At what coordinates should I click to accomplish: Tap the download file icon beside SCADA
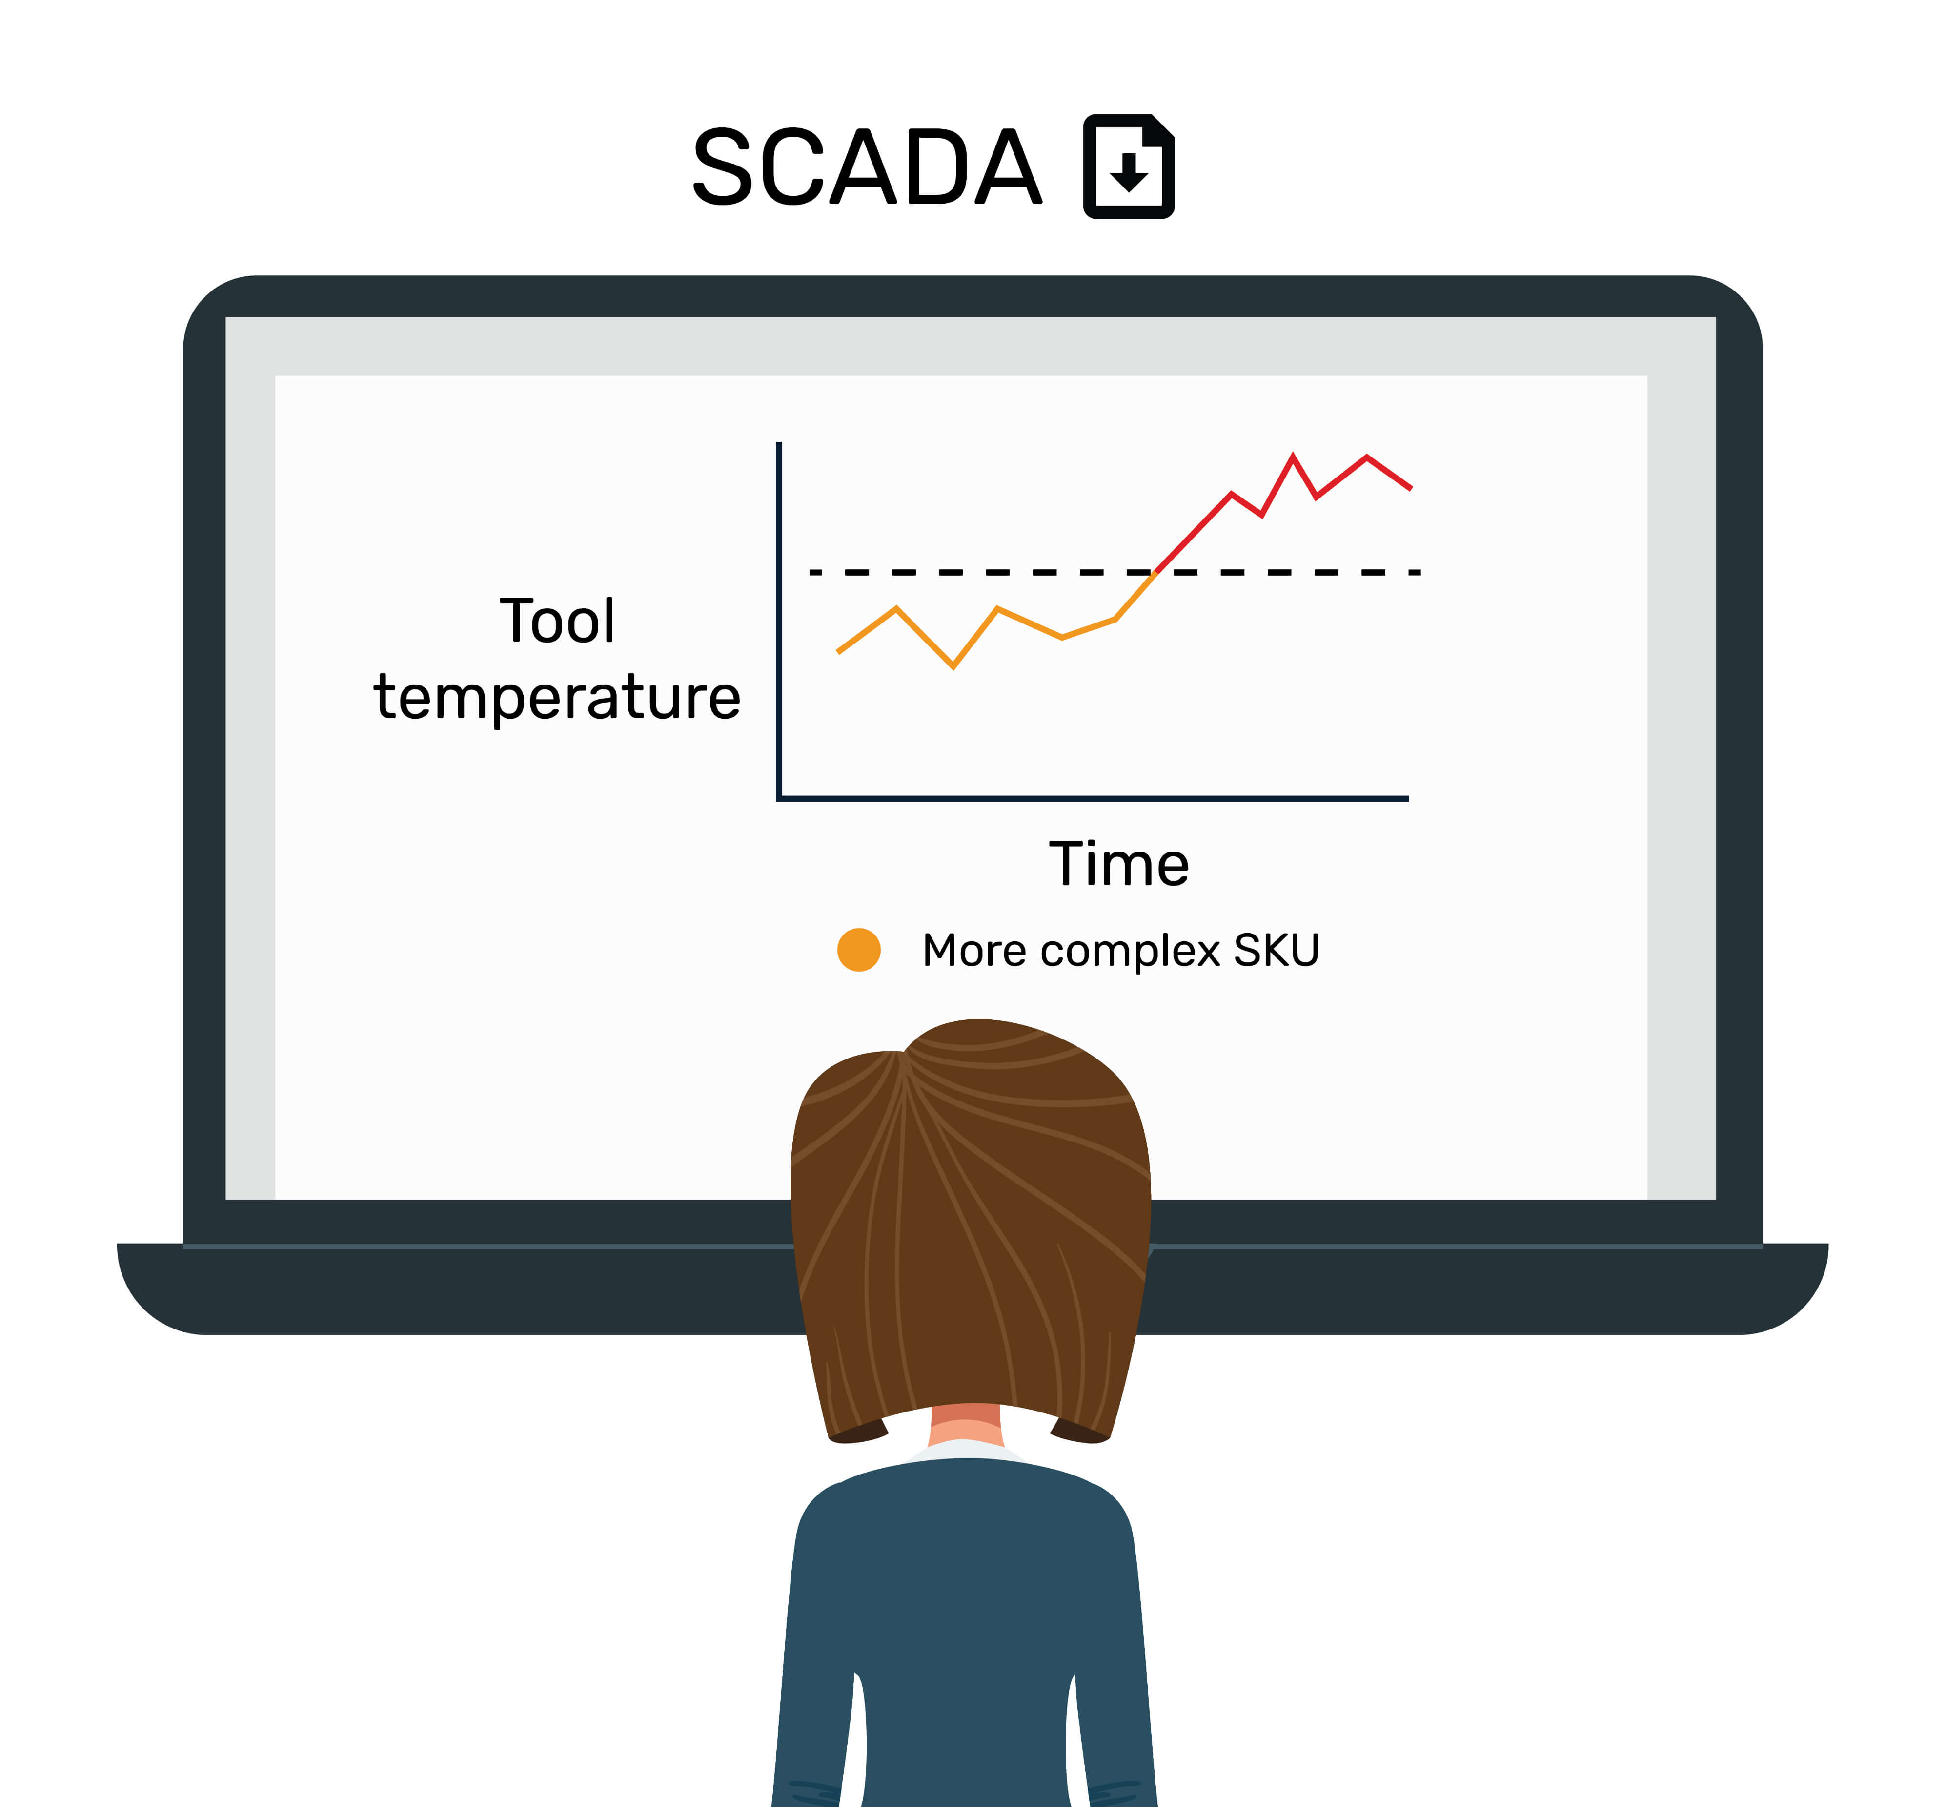click(x=1129, y=166)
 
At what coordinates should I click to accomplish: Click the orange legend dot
click(x=859, y=950)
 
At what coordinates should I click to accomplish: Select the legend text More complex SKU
click(x=1121, y=951)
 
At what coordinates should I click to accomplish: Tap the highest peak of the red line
click(x=1293, y=456)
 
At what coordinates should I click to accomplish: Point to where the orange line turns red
click(x=1156, y=572)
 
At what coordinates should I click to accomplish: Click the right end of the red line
click(x=1410, y=488)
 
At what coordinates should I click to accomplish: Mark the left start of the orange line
click(x=839, y=651)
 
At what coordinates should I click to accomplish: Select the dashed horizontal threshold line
click(x=1114, y=572)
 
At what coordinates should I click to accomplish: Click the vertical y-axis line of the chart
click(x=779, y=621)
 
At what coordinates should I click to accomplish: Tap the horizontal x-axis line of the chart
click(x=1093, y=799)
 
